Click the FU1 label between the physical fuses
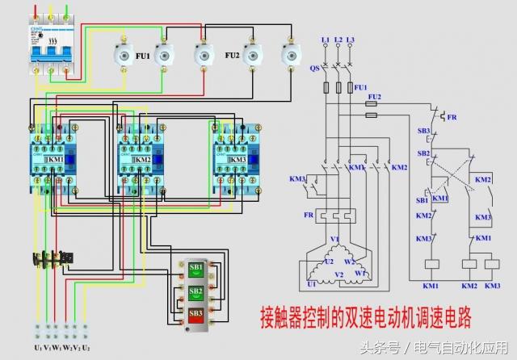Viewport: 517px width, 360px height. (x=142, y=57)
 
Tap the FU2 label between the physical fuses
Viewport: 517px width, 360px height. (x=231, y=57)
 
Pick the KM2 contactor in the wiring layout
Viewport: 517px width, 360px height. (x=142, y=160)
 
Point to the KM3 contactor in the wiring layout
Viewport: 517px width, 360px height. (x=235, y=160)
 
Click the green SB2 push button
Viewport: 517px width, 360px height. (x=195, y=290)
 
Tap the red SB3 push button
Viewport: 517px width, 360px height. (x=195, y=312)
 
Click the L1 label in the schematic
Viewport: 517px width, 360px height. (x=326, y=40)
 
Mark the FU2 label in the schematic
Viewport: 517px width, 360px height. (x=373, y=94)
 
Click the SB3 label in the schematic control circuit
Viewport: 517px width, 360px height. (x=422, y=131)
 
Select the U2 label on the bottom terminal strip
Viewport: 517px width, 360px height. (x=86, y=347)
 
